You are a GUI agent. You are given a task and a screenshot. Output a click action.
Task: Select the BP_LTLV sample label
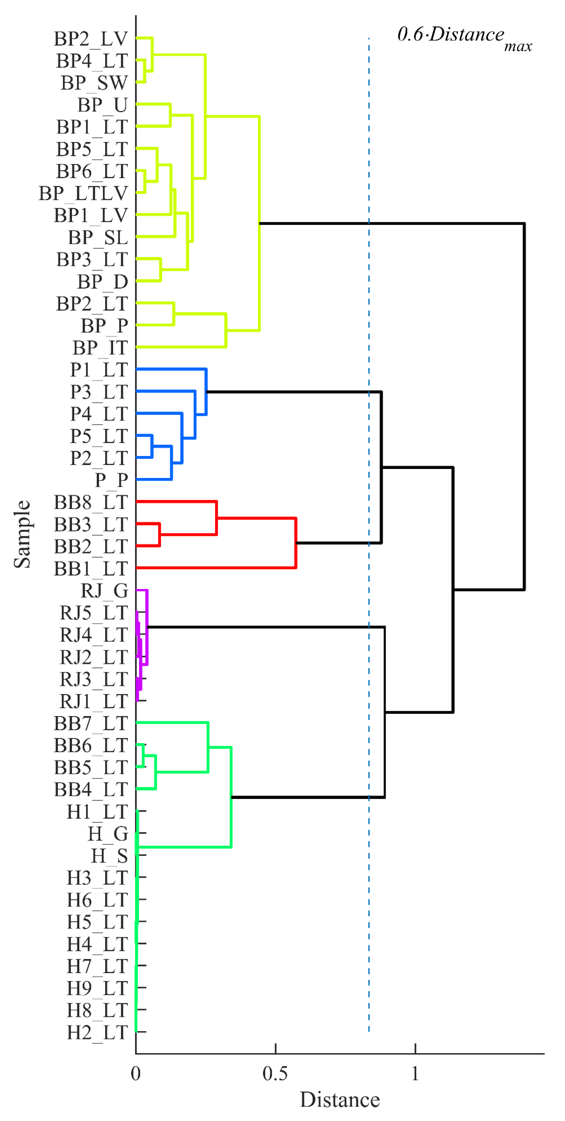[83, 193]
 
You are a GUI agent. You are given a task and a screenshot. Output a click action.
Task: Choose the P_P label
[111, 480]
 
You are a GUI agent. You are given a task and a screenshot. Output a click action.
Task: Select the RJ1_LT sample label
[93, 701]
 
